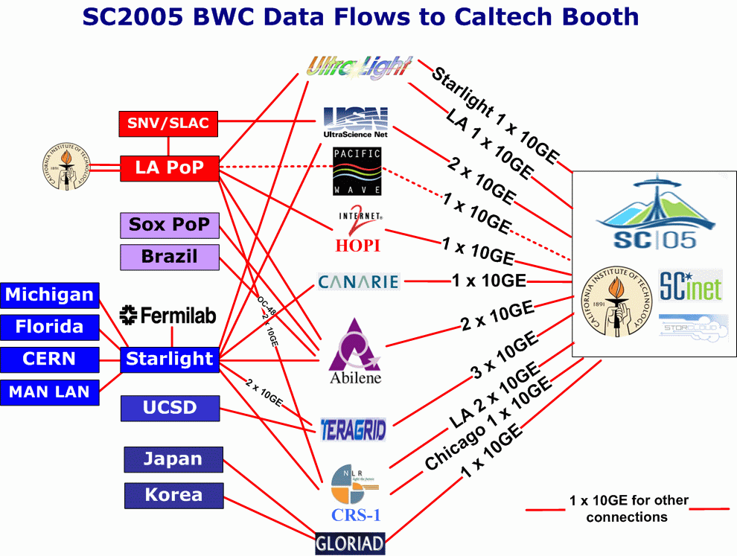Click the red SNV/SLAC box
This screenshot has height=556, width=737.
168,124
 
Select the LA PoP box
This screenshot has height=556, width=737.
169,167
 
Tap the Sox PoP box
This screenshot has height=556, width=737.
170,225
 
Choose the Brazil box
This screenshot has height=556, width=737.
170,257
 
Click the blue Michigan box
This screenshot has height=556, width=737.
49,295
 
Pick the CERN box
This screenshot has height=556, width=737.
49,359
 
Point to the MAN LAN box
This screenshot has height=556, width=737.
49,392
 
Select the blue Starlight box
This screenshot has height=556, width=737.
170,360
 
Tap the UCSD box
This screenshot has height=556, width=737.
170,408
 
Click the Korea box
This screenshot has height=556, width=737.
173,495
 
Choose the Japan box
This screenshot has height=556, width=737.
173,459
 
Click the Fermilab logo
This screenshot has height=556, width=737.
167,316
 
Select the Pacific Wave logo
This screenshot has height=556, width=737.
357,172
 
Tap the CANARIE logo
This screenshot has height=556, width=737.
359,281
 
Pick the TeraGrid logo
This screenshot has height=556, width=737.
354,429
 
